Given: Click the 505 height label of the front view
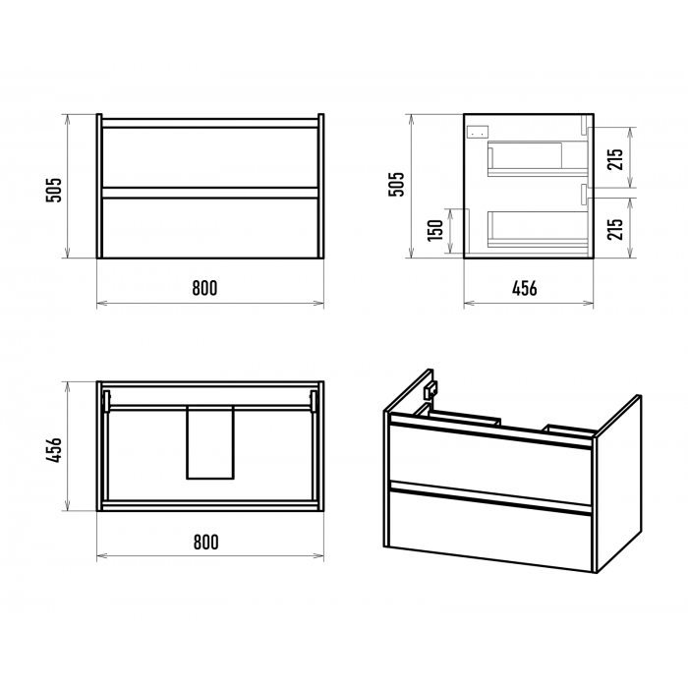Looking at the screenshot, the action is pyautogui.click(x=54, y=190).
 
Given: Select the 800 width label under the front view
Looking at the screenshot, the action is pyautogui.click(x=204, y=288).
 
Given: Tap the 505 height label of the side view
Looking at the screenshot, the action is pyautogui.click(x=396, y=184).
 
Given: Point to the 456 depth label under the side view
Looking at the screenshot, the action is pyautogui.click(x=524, y=288).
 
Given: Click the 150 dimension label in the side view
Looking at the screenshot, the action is pyautogui.click(x=435, y=230).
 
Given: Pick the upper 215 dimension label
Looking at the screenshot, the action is pyautogui.click(x=615, y=159).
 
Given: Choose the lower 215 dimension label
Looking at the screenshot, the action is pyautogui.click(x=615, y=229).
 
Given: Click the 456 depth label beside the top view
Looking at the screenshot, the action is pyautogui.click(x=54, y=450).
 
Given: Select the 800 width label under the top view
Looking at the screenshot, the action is pyautogui.click(x=205, y=543).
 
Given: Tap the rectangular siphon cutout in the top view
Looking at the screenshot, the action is pyautogui.click(x=210, y=442).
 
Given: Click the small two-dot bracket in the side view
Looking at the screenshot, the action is pyautogui.click(x=479, y=131).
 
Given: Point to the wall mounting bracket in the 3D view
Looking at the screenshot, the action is pyautogui.click(x=430, y=389).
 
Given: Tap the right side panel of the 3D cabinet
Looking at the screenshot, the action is pyautogui.click(x=618, y=484).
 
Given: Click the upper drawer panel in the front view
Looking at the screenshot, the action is pyautogui.click(x=209, y=157).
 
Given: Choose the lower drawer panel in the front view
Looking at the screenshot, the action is pyautogui.click(x=209, y=228).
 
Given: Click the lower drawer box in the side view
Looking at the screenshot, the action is pyautogui.click(x=538, y=228).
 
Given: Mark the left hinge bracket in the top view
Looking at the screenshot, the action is pyautogui.click(x=106, y=401).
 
